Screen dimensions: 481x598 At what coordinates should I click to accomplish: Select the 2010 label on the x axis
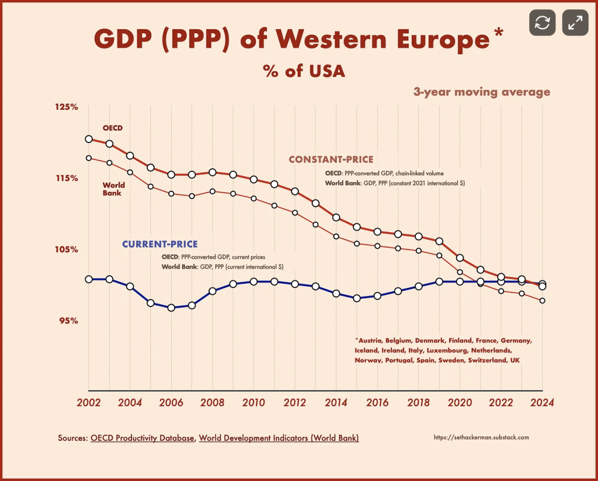click(253, 403)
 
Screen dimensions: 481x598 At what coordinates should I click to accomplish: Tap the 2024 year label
click(542, 403)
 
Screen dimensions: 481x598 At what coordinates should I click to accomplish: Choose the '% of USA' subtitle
click(304, 71)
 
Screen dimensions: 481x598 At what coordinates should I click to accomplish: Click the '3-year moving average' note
click(481, 92)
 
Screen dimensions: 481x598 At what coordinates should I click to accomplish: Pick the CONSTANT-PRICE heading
click(331, 159)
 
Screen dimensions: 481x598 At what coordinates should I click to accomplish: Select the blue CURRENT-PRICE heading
click(159, 244)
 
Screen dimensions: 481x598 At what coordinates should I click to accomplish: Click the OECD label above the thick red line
click(112, 128)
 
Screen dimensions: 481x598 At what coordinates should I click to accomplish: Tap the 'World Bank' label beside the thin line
click(113, 189)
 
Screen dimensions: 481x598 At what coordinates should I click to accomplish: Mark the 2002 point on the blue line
click(89, 279)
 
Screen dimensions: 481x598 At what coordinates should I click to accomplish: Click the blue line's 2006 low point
click(171, 308)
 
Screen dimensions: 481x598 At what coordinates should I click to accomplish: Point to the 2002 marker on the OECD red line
click(89, 139)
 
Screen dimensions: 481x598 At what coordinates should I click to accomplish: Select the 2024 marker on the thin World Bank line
click(543, 301)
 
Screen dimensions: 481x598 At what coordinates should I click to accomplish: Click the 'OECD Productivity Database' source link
click(142, 438)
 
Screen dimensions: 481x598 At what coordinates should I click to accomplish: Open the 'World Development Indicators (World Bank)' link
click(279, 438)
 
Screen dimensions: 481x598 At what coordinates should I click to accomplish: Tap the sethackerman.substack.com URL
click(482, 437)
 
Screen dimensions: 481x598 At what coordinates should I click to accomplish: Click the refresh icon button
click(543, 23)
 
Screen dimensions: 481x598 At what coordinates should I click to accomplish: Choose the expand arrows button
click(575, 23)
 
